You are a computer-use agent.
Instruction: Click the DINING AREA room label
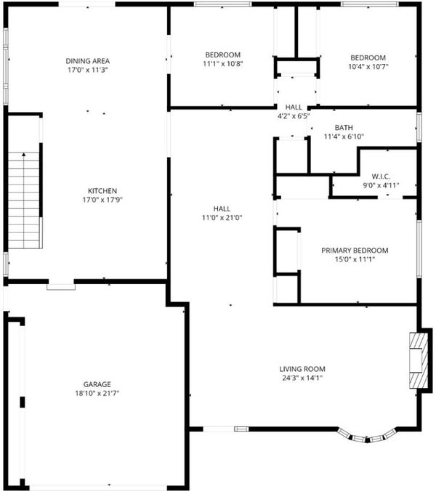tap(88, 61)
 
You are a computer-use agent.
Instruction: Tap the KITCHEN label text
tap(102, 191)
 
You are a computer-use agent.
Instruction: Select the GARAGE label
tap(97, 384)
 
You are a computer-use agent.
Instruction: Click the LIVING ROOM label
tap(302, 369)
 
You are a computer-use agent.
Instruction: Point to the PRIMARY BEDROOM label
tap(355, 251)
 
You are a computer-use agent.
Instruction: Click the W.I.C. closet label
tap(381, 176)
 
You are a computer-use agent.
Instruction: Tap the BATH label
tap(344, 128)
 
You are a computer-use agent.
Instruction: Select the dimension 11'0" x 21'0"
tap(222, 218)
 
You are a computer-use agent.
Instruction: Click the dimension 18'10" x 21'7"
tap(97, 393)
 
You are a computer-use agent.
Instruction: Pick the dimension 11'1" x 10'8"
tap(223, 64)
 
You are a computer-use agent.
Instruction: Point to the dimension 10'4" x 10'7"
tap(368, 67)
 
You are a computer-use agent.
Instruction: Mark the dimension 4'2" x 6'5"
tap(294, 116)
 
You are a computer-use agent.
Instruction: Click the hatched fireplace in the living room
tap(419, 361)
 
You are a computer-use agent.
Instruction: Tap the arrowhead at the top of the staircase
tap(24, 154)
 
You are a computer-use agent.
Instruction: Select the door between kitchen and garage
tap(61, 287)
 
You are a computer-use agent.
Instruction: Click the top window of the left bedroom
tap(222, 4)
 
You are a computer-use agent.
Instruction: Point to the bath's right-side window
tap(419, 127)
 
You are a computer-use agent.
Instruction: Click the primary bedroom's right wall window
tap(419, 249)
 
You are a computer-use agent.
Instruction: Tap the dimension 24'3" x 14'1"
tap(302, 378)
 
